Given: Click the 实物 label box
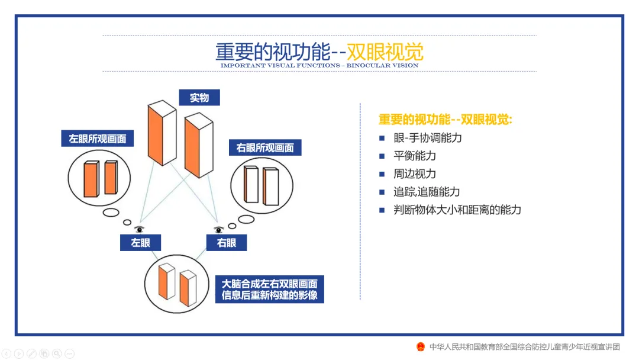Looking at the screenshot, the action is coord(199,98).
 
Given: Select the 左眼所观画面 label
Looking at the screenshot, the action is coord(98,139).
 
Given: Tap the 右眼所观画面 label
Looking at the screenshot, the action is coord(265,148).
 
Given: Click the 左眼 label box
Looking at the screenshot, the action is coord(141,242).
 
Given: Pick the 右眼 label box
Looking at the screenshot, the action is coord(227,242).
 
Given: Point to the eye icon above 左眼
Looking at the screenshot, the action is coord(140,229).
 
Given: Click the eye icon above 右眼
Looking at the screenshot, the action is coord(218,230).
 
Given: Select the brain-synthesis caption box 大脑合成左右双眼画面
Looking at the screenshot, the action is coord(269,290).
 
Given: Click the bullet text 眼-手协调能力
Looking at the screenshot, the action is coord(427,138).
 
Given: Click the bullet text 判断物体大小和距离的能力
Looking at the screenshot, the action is coord(457,210).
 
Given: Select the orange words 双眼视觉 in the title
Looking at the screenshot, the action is coord(385,52).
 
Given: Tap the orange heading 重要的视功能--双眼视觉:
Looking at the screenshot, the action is coord(445,119).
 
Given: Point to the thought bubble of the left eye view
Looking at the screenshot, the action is coord(100,178).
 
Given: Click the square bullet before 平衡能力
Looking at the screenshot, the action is coord(382,156).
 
